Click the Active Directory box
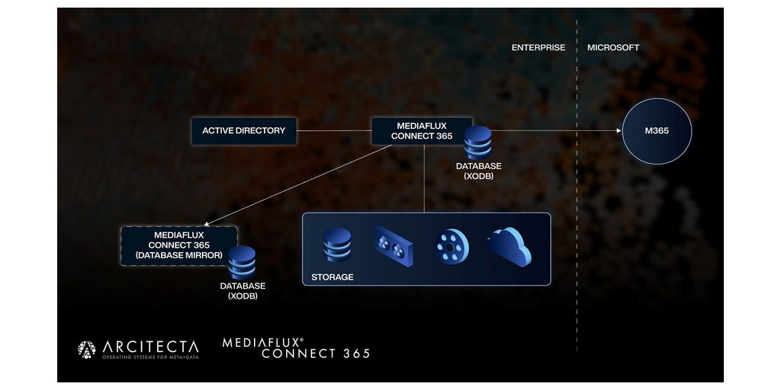click(244, 131)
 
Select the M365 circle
click(657, 131)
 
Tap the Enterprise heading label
click(538, 48)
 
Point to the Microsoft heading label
click(613, 48)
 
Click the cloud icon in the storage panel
click(509, 247)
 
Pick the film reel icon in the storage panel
click(452, 246)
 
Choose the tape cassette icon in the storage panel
click(393, 246)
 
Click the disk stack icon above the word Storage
click(337, 245)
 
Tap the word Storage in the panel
click(333, 277)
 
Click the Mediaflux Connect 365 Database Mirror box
click(179, 246)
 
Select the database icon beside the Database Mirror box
click(242, 262)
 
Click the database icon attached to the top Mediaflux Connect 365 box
click(477, 142)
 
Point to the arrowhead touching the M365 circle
click(619, 131)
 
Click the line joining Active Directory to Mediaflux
click(334, 131)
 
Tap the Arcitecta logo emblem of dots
click(87, 349)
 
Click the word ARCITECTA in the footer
click(150, 347)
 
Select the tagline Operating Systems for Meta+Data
click(150, 356)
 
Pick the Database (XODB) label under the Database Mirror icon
click(243, 291)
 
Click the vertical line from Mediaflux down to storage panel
click(424, 178)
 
